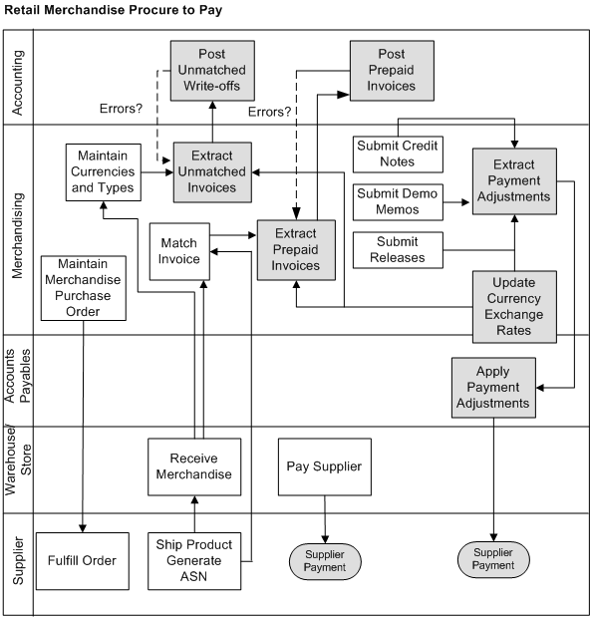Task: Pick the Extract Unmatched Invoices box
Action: [212, 171]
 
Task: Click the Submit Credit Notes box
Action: [399, 154]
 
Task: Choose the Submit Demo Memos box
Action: [399, 200]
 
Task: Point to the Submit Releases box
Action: [399, 249]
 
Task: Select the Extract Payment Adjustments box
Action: [513, 180]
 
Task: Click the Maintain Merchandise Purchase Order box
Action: [84, 288]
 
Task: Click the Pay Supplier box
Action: [324, 466]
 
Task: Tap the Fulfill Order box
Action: [84, 560]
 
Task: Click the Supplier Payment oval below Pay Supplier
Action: [326, 560]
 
